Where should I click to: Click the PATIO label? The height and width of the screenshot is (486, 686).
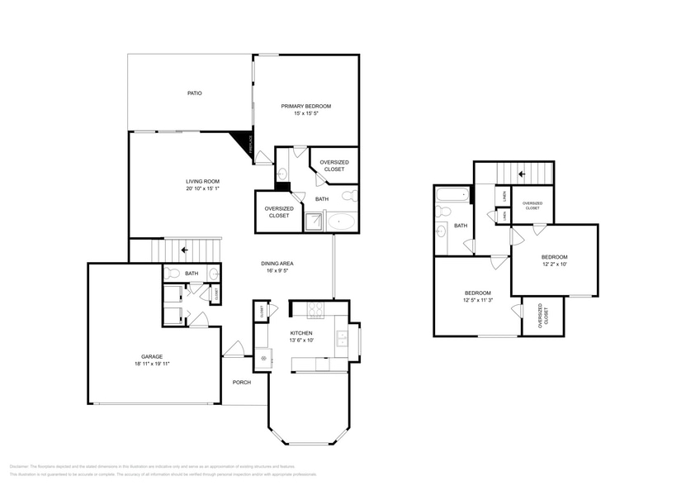194,93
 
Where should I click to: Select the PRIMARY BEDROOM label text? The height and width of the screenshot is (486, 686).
305,106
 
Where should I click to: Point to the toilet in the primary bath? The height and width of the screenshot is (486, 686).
349,196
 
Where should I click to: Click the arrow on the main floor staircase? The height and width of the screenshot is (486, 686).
183,248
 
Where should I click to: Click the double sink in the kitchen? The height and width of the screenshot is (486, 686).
343,337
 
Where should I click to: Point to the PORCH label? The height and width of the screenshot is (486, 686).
241,382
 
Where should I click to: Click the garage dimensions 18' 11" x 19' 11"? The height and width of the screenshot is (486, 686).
151,364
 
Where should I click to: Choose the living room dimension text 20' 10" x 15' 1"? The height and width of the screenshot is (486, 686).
201,188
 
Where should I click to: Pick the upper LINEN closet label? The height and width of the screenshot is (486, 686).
504,195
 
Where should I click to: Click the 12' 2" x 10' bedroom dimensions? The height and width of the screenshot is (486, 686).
554,264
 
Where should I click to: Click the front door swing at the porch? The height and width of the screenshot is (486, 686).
234,350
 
